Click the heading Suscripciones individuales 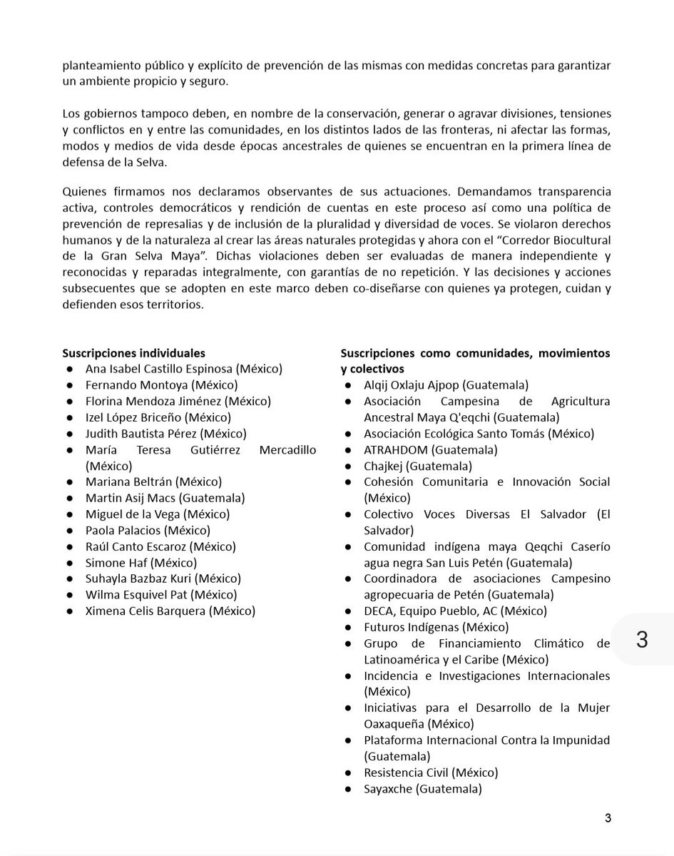click(133, 353)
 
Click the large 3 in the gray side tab click(641, 639)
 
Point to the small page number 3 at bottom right click(608, 818)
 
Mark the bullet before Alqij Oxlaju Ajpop click(346, 385)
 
